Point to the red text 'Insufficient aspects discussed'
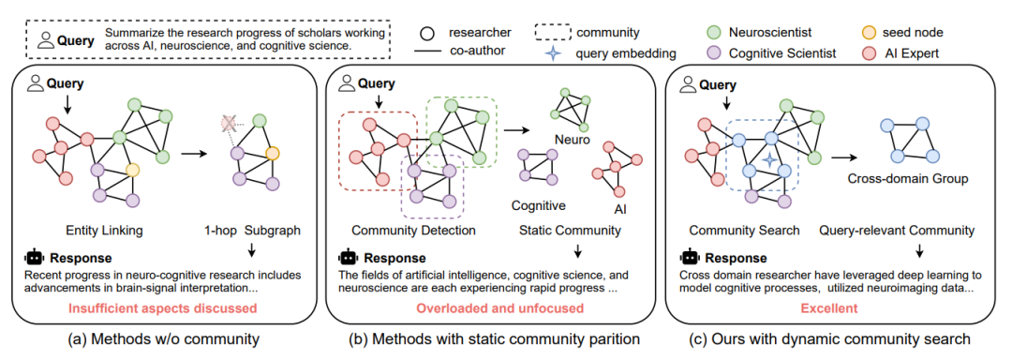tap(167, 307)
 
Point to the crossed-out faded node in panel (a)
tap(228, 123)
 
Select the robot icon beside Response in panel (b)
tap(349, 258)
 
